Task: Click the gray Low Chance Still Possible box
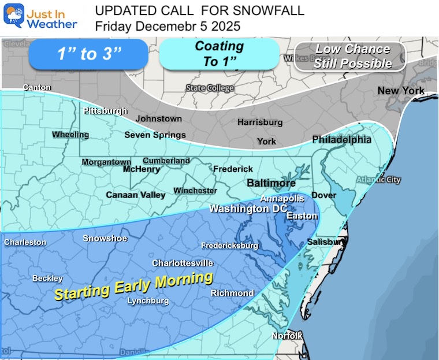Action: pos(352,57)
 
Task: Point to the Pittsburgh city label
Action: pos(105,110)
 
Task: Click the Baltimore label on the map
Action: pos(271,183)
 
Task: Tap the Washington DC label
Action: pos(247,209)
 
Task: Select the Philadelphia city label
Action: pos(341,139)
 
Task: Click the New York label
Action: pos(400,91)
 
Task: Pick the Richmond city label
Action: pos(232,293)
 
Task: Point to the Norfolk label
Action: pos(288,336)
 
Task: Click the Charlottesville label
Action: pos(183,263)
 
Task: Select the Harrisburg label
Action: pos(260,122)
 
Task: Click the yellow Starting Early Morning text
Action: pos(133,285)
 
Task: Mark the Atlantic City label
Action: pos(378,180)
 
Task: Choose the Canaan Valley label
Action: pos(136,195)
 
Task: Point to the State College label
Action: pos(210,88)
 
